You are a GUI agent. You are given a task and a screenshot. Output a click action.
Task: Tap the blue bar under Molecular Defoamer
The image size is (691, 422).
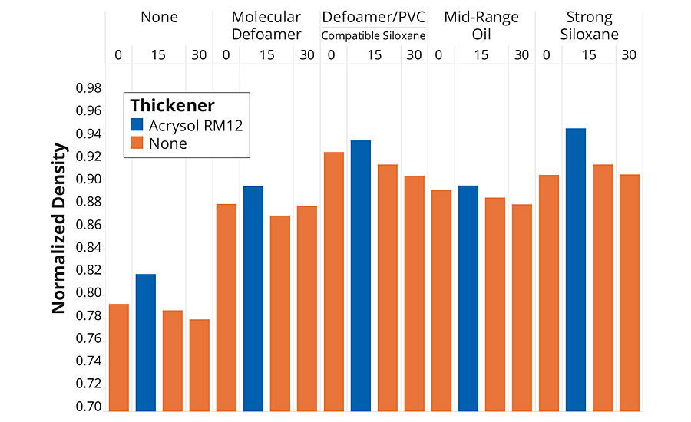pos(253,299)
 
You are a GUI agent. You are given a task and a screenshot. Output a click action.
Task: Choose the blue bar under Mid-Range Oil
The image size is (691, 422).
pos(468,299)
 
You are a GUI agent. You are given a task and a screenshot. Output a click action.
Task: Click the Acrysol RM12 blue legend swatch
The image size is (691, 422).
pos(137,126)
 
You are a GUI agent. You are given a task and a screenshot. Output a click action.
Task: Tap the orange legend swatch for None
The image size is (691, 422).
pos(137,143)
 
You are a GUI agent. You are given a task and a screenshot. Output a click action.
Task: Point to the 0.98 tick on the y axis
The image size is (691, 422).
pos(89,88)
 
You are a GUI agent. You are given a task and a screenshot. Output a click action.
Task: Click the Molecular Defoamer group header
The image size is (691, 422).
pos(266,25)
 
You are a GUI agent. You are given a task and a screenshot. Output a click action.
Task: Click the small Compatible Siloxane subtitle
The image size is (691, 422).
pos(373,35)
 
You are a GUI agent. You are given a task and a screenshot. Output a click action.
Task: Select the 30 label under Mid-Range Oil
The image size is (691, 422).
pos(521,55)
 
